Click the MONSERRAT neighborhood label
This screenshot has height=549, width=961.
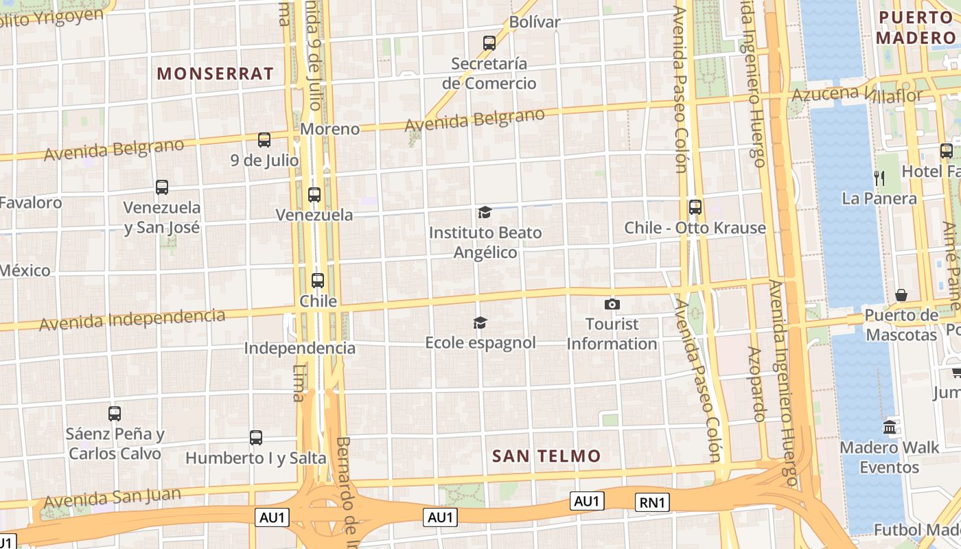tap(216, 73)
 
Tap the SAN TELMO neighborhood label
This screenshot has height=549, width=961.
tap(546, 456)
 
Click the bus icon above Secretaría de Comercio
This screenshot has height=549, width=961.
tap(489, 43)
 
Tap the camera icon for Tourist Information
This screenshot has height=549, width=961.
tap(612, 304)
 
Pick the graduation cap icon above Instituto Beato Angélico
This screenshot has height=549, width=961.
tap(485, 212)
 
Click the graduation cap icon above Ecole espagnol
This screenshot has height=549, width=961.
tap(480, 323)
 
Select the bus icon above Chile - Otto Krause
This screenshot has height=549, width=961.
tap(695, 207)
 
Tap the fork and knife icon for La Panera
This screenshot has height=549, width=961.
tap(879, 178)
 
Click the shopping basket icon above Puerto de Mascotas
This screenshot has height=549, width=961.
tap(901, 295)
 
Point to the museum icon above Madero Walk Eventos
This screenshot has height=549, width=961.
tap(890, 427)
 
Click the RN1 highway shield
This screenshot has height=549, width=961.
tap(652, 502)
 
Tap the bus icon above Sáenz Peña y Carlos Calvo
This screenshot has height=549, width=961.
tap(115, 414)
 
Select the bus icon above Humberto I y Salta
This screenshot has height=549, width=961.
tap(256, 437)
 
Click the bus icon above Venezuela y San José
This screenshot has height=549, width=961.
tap(162, 187)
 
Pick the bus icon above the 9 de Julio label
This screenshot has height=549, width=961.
tap(264, 140)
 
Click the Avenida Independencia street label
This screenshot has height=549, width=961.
tap(132, 319)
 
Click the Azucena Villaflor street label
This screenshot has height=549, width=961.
tap(857, 94)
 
